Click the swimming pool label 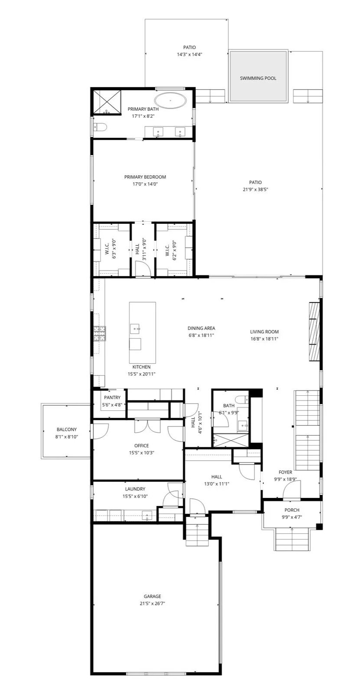point(258,78)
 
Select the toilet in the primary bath point(100,127)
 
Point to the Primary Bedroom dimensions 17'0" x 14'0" point(145,184)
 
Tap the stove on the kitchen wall point(99,333)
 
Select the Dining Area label point(201,328)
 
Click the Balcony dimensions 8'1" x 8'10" point(66,437)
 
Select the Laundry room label point(135,489)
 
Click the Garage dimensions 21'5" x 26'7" point(152,604)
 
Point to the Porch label point(292,510)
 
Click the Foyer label point(285,472)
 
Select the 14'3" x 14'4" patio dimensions point(189,55)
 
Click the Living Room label point(264,332)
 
